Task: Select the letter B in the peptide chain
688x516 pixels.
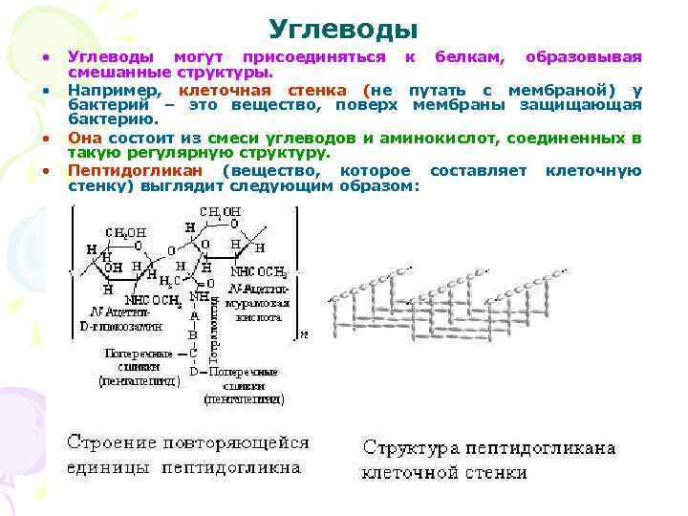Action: tap(195, 334)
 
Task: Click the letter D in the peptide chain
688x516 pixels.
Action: tap(195, 371)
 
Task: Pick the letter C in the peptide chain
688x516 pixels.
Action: tap(195, 353)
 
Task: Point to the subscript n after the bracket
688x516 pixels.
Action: tap(303, 335)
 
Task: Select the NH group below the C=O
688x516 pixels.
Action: tap(198, 297)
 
